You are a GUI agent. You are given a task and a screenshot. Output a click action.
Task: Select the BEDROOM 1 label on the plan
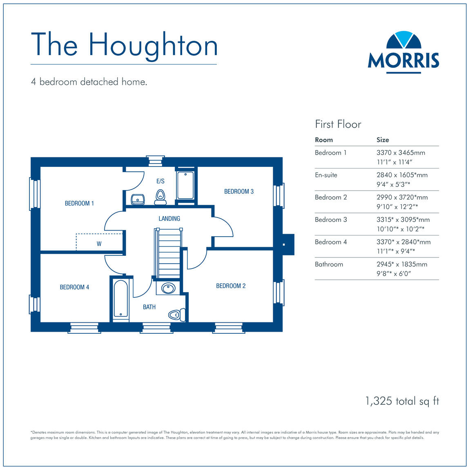(x=79, y=203)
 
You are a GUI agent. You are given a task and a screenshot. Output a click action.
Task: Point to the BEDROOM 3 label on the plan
(x=239, y=191)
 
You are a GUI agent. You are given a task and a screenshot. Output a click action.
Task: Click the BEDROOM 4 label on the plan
(x=74, y=287)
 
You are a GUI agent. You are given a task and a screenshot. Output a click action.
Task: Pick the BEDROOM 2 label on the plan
(x=231, y=286)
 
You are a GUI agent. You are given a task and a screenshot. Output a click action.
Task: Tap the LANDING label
(x=169, y=219)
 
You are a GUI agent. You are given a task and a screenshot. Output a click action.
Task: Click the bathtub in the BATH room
(x=120, y=298)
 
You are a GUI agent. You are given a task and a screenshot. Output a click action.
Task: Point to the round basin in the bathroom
(x=168, y=288)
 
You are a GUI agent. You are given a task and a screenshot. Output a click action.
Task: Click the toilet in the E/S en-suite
(x=160, y=197)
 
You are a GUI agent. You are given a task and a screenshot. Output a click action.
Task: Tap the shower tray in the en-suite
(x=185, y=186)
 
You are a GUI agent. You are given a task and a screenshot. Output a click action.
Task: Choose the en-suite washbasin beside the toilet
(x=138, y=199)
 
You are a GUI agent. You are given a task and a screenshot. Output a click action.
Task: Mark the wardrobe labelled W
(x=99, y=243)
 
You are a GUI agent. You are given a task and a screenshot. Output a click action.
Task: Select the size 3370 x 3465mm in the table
(x=401, y=153)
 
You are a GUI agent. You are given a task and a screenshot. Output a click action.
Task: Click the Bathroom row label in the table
(x=329, y=264)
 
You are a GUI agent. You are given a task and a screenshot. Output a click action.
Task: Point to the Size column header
(x=383, y=140)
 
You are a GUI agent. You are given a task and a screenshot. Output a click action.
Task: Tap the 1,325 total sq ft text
(x=402, y=401)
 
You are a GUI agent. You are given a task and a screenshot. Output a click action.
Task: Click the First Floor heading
(x=338, y=124)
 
